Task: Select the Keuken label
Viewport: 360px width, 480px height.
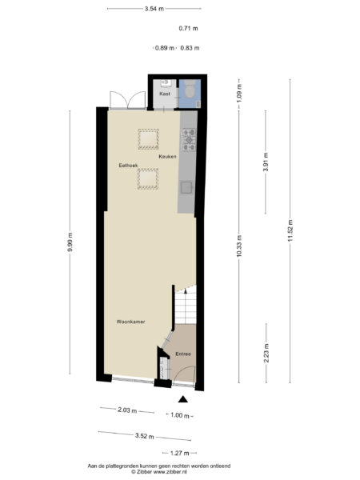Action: [166, 158]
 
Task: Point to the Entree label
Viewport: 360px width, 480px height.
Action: [182, 353]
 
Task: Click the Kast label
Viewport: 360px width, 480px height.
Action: [165, 94]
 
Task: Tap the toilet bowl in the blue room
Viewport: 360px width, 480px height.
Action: [190, 93]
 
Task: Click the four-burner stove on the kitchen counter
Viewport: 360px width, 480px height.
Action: [189, 140]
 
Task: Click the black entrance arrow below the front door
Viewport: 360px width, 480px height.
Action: [183, 398]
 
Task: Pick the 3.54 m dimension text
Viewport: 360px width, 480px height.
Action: [154, 10]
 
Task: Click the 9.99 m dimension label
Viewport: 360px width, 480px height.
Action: [71, 241]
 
